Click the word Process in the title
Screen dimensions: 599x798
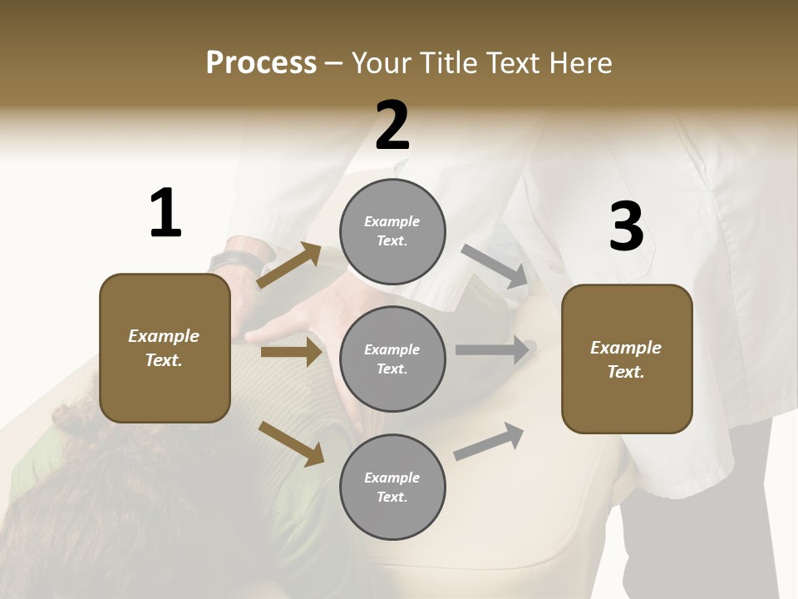tap(261, 63)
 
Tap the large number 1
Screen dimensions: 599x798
tap(165, 213)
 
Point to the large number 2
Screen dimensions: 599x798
tap(392, 126)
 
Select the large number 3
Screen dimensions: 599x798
tap(626, 227)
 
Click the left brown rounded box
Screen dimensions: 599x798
tap(165, 348)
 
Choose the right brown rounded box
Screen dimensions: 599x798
tap(627, 359)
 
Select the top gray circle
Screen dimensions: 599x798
tap(392, 231)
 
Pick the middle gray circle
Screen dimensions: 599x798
tap(392, 359)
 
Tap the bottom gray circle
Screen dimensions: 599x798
tap(392, 487)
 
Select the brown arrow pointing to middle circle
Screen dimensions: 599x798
tap(291, 352)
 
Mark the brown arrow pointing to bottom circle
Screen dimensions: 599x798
tap(291, 443)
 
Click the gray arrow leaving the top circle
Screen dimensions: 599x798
tap(495, 266)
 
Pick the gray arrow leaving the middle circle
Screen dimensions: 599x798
tap(492, 349)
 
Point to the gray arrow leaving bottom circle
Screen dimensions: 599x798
tap(489, 442)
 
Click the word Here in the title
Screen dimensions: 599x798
tap(579, 63)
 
